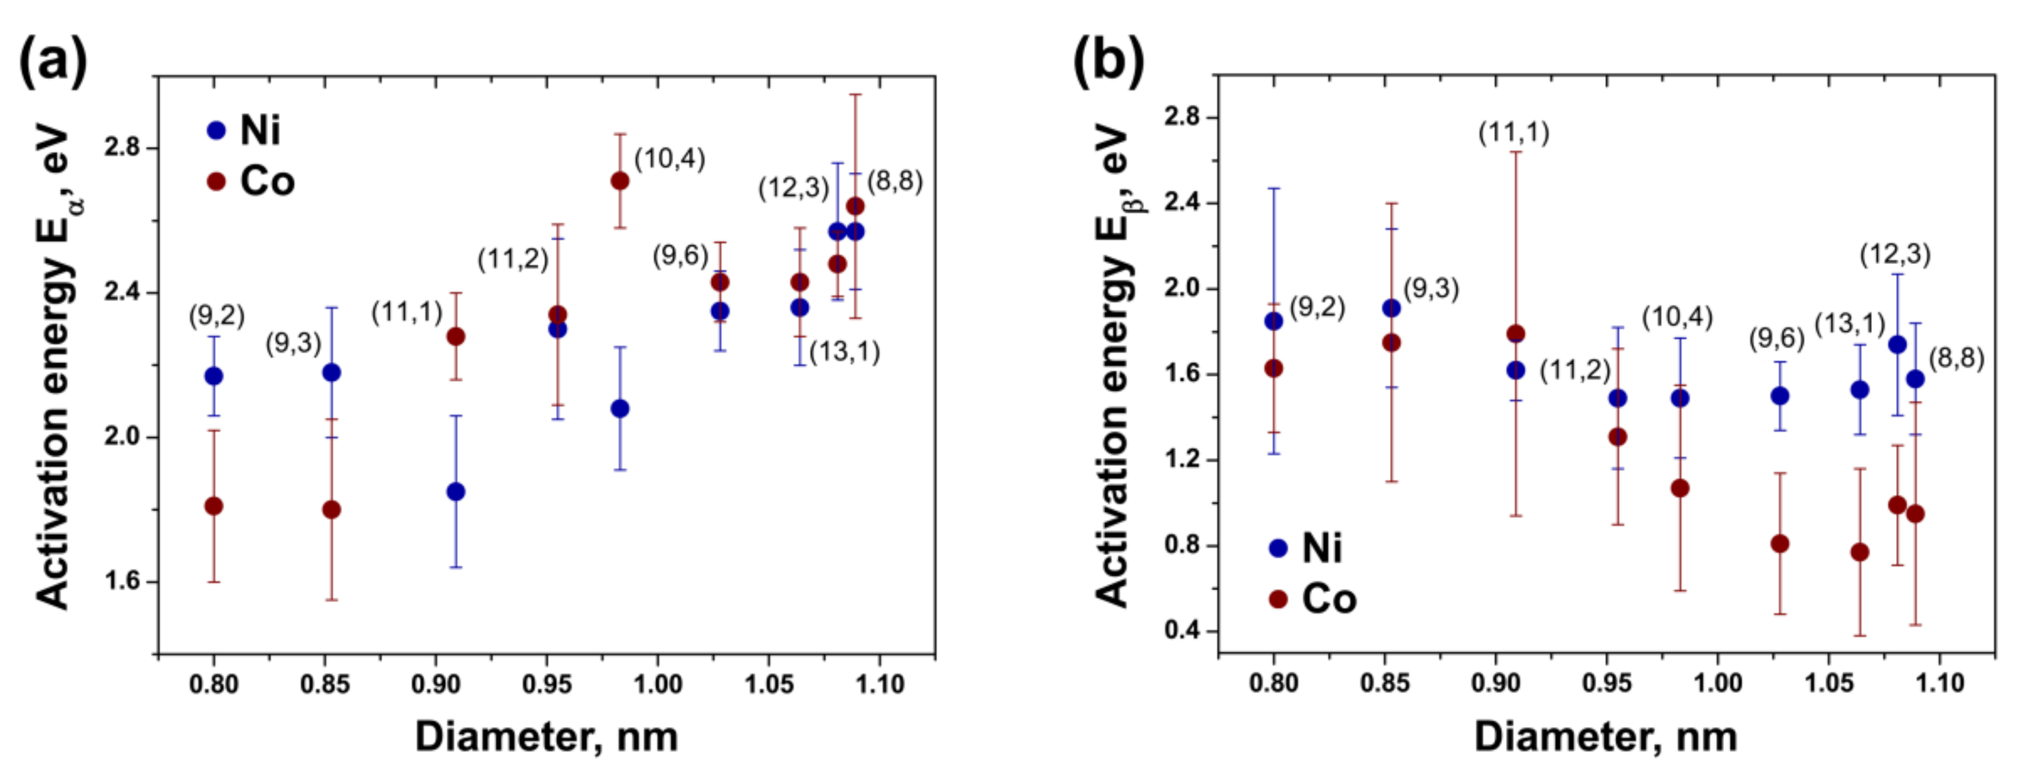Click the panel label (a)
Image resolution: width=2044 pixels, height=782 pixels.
pos(52,60)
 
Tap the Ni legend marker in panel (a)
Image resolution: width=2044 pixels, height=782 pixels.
pos(216,130)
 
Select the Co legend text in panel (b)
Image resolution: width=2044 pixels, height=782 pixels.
pos(1329,599)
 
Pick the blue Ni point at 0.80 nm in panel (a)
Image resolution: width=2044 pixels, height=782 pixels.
pos(213,376)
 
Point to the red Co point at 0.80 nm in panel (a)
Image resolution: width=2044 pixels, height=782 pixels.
pos(213,506)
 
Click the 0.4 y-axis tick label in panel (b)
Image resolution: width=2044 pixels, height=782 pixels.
pos(1180,631)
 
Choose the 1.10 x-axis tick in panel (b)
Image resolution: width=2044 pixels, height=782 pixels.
pos(1940,683)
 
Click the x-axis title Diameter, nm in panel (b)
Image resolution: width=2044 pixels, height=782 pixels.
pos(1606,738)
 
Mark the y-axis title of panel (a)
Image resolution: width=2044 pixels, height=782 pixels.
pos(54,365)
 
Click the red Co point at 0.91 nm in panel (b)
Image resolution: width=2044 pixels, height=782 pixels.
pos(1516,334)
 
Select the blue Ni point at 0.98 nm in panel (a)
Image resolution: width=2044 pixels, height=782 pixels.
pos(621,409)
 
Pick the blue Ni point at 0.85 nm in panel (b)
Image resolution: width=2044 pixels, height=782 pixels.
pos(1391,308)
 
